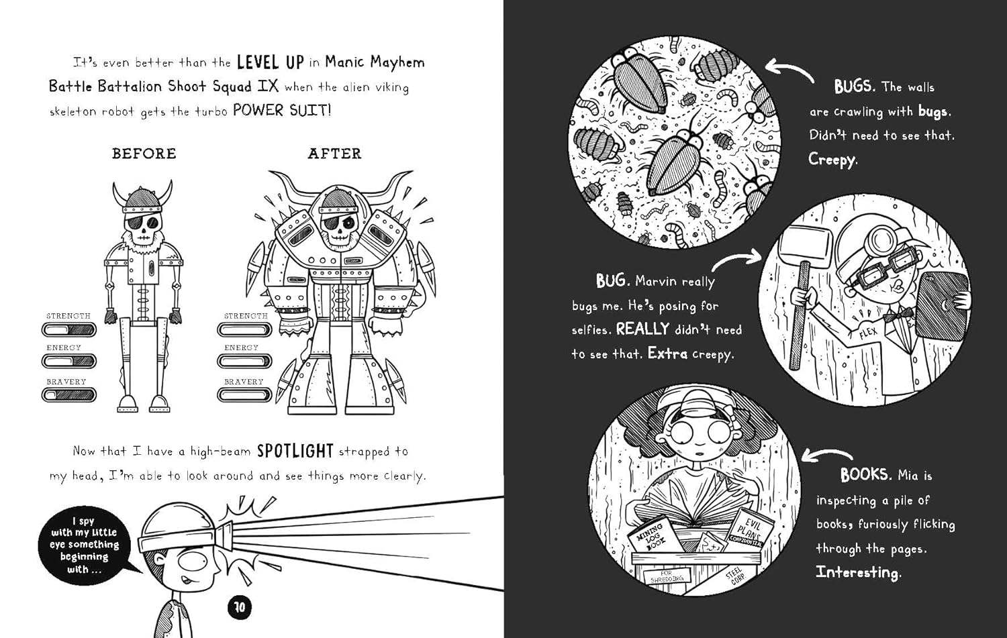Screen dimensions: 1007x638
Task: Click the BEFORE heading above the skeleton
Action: point(144,154)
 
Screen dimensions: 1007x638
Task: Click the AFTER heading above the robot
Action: point(334,154)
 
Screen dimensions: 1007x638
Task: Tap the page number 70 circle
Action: point(240,607)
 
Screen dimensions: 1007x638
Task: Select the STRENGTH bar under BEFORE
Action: point(68,330)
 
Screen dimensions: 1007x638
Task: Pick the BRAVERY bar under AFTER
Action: point(244,395)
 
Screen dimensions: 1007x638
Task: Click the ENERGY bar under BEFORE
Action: point(68,361)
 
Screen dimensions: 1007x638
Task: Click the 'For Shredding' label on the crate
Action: point(666,577)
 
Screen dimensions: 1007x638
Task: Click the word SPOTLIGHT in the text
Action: point(295,451)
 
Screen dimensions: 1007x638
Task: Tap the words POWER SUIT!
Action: point(282,111)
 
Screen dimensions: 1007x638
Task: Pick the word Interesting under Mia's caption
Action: point(858,572)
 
